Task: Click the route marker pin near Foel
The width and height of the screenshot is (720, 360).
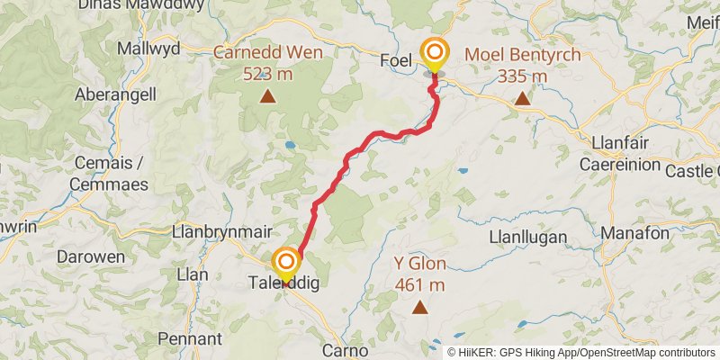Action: (435, 53)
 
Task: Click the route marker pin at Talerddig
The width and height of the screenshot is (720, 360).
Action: (286, 262)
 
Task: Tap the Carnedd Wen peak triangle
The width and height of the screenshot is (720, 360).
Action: (267, 95)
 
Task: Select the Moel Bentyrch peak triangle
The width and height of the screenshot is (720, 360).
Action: (522, 97)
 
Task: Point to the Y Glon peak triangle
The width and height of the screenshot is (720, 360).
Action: (419, 308)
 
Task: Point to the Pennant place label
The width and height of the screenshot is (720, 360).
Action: (189, 339)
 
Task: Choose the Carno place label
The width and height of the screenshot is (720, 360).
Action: (344, 350)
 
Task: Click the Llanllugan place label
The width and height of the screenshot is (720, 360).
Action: (526, 238)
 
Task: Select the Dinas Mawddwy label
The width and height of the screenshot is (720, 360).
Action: (127, 5)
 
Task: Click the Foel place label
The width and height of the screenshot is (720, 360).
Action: (396, 60)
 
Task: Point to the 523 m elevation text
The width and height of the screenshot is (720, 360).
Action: (267, 73)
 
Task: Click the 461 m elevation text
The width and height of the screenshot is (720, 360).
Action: (419, 285)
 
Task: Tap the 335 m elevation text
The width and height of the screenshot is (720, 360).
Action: (522, 76)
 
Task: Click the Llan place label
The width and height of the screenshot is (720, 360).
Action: (193, 274)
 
